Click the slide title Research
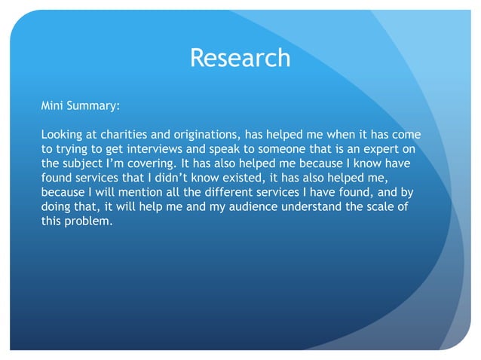[x=240, y=57]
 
